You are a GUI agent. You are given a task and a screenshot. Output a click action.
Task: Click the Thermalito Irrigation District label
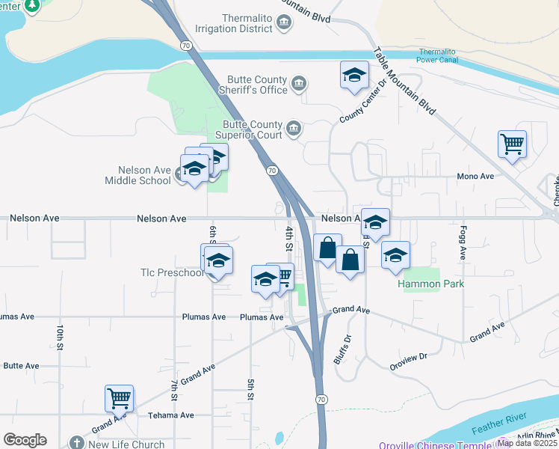(x=233, y=23)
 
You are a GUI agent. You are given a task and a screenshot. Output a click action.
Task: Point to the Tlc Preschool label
(x=172, y=272)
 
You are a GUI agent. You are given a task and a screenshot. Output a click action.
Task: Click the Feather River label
(x=500, y=427)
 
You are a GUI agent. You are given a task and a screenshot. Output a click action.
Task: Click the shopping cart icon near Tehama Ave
(x=120, y=398)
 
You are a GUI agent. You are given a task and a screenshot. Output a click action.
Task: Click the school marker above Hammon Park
(x=395, y=255)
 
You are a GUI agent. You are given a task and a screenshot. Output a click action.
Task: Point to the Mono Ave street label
(x=475, y=177)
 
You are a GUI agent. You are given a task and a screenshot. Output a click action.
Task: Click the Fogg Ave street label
(x=463, y=244)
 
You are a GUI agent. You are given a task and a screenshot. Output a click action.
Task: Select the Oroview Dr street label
(x=408, y=361)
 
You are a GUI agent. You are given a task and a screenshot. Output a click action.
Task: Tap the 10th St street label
(x=59, y=337)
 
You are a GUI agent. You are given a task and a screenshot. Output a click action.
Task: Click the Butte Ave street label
(x=20, y=366)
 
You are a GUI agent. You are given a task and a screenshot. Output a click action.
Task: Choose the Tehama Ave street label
(x=170, y=415)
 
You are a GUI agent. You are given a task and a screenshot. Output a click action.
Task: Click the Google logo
(x=25, y=440)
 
